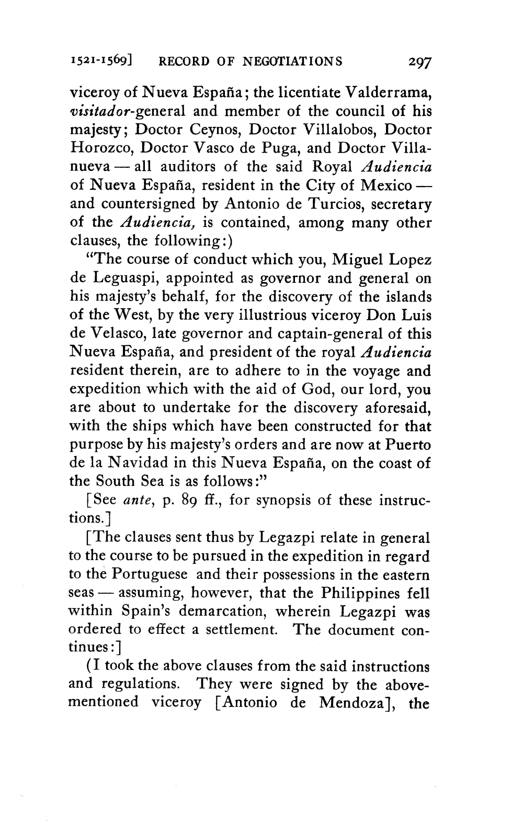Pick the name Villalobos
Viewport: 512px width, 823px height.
pos(318,130)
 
